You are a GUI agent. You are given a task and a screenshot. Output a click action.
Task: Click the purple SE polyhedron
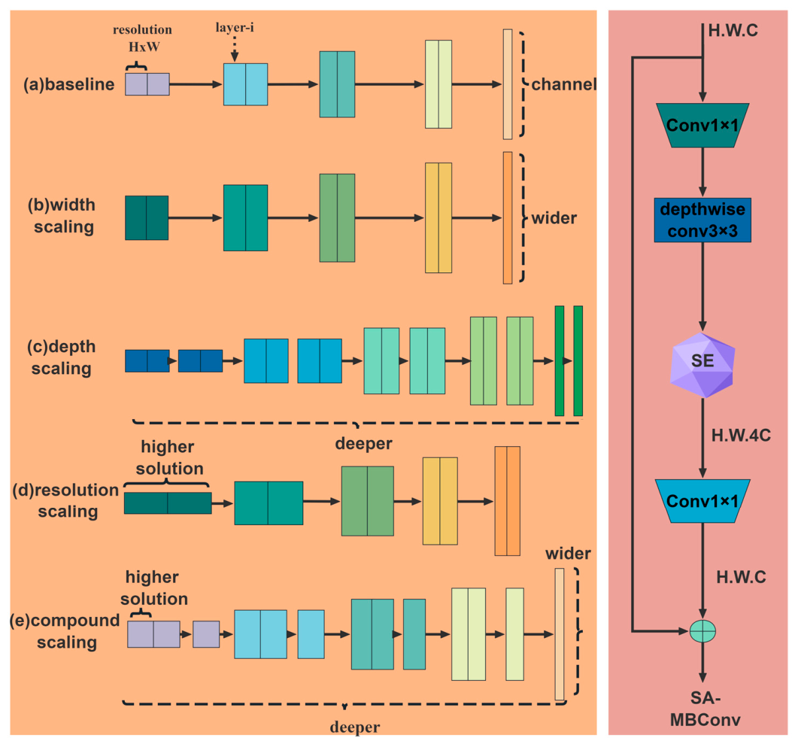pos(702,365)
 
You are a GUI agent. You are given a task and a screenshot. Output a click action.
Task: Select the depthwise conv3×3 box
pos(702,220)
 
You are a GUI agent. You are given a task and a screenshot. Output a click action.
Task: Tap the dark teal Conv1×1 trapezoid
pos(702,126)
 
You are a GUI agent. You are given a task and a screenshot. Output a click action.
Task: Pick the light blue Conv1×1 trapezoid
pos(702,501)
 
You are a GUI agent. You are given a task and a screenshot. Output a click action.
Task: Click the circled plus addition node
pos(702,631)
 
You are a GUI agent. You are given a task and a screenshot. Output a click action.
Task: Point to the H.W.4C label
pos(741,436)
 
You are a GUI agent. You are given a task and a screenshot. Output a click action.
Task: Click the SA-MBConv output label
pos(705,709)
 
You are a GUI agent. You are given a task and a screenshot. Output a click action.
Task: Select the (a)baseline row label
pos(68,84)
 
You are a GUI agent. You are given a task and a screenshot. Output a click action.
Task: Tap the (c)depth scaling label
pos(62,357)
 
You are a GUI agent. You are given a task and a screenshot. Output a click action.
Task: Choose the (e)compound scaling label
pos(65,631)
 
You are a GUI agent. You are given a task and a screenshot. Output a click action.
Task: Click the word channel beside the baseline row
pos(564,84)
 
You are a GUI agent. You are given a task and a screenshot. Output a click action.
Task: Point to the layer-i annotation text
pos(235,28)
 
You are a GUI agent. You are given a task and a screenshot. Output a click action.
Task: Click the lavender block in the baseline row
pos(147,84)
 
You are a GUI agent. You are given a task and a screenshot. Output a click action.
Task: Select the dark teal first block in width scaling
pos(147,218)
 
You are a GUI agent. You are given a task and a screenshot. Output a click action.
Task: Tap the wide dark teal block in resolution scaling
pos(168,503)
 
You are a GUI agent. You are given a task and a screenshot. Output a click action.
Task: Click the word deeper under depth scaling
pos(363,444)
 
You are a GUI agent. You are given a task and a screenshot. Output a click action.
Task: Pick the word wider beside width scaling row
pos(554,218)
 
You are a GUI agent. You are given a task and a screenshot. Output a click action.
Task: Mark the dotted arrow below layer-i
pos(235,50)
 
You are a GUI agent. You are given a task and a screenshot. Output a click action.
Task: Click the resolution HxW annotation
pos(143,38)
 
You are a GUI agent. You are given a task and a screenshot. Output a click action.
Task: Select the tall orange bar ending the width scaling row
pos(508,218)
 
